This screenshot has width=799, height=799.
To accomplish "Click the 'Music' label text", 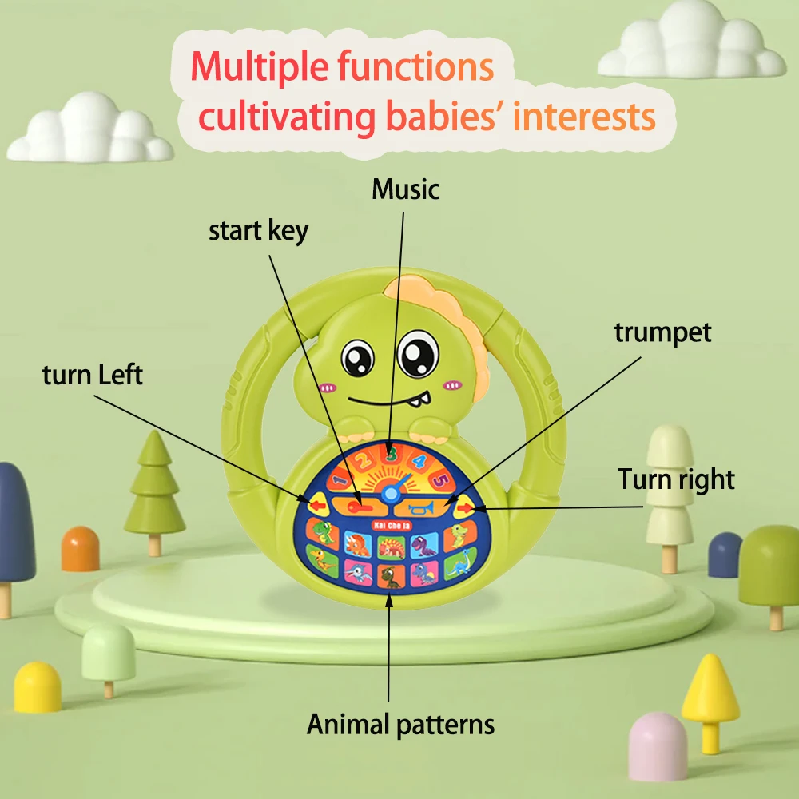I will coord(406,189).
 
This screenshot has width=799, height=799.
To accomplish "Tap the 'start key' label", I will coord(258,231).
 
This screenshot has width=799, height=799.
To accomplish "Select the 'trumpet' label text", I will coord(662,332).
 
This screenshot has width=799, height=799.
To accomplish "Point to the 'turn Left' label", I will coord(93,374).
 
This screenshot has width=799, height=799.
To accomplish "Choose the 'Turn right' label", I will coord(676,479).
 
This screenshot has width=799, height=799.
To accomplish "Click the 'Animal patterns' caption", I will coord(401,725).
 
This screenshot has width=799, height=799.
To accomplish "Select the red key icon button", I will coord(358,505).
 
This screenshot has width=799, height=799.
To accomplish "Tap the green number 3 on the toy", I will coord(391,455).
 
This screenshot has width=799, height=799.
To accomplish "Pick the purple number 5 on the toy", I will coord(439,481).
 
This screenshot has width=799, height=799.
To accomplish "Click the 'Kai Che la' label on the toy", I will coord(390,524).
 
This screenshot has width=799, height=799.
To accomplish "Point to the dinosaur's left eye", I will coord(357,357).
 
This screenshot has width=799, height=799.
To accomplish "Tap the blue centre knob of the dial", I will coord(391,494).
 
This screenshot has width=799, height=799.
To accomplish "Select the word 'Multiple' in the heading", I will coord(259,67).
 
